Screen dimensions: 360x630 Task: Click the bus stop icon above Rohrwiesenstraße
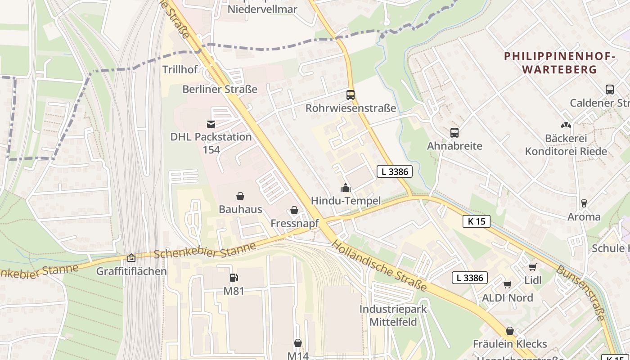coord(351,95)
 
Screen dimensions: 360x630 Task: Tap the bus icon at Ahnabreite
coord(454,133)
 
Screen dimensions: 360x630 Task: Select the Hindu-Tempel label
coord(346,201)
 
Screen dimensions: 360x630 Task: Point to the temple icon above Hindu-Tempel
coord(345,188)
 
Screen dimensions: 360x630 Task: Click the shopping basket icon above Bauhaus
coord(240,196)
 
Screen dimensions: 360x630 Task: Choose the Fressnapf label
coord(294,223)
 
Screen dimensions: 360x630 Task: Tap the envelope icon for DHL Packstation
coord(211,124)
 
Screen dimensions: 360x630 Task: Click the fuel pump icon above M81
coord(234,278)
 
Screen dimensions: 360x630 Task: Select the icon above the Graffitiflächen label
coord(131,258)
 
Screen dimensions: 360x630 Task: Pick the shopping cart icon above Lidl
coord(533,267)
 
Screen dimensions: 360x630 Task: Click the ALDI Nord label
coord(507,298)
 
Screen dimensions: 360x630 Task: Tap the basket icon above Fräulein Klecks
coord(510,331)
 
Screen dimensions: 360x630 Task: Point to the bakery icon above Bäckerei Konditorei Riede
coord(566,125)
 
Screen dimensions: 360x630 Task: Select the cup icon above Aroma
coord(584,203)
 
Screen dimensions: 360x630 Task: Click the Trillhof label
coord(180,70)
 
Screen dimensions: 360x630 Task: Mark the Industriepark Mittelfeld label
coord(393,315)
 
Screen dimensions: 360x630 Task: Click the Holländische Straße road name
coord(379,265)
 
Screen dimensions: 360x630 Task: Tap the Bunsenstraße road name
coord(581,292)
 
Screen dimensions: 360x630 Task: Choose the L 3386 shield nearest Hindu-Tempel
coord(395,171)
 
